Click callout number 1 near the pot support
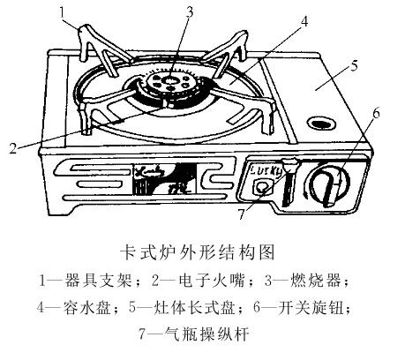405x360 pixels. click(62, 13)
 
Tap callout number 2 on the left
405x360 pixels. click(13, 148)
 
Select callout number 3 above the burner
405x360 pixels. click(190, 13)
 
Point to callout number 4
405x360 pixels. click(304, 21)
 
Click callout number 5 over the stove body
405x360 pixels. click(355, 65)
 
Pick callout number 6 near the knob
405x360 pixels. click(376, 113)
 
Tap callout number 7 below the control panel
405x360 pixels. click(241, 214)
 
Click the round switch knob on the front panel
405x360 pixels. click(329, 186)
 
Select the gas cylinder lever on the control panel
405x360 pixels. click(288, 182)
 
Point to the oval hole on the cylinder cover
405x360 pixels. click(321, 123)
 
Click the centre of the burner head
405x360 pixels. click(169, 80)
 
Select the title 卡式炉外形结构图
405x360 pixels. click(198, 252)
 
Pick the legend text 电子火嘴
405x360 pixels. click(212, 281)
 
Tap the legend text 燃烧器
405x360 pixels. click(316, 281)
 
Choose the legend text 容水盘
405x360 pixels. click(87, 308)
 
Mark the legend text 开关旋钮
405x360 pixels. click(311, 308)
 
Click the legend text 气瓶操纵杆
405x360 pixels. click(207, 334)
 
